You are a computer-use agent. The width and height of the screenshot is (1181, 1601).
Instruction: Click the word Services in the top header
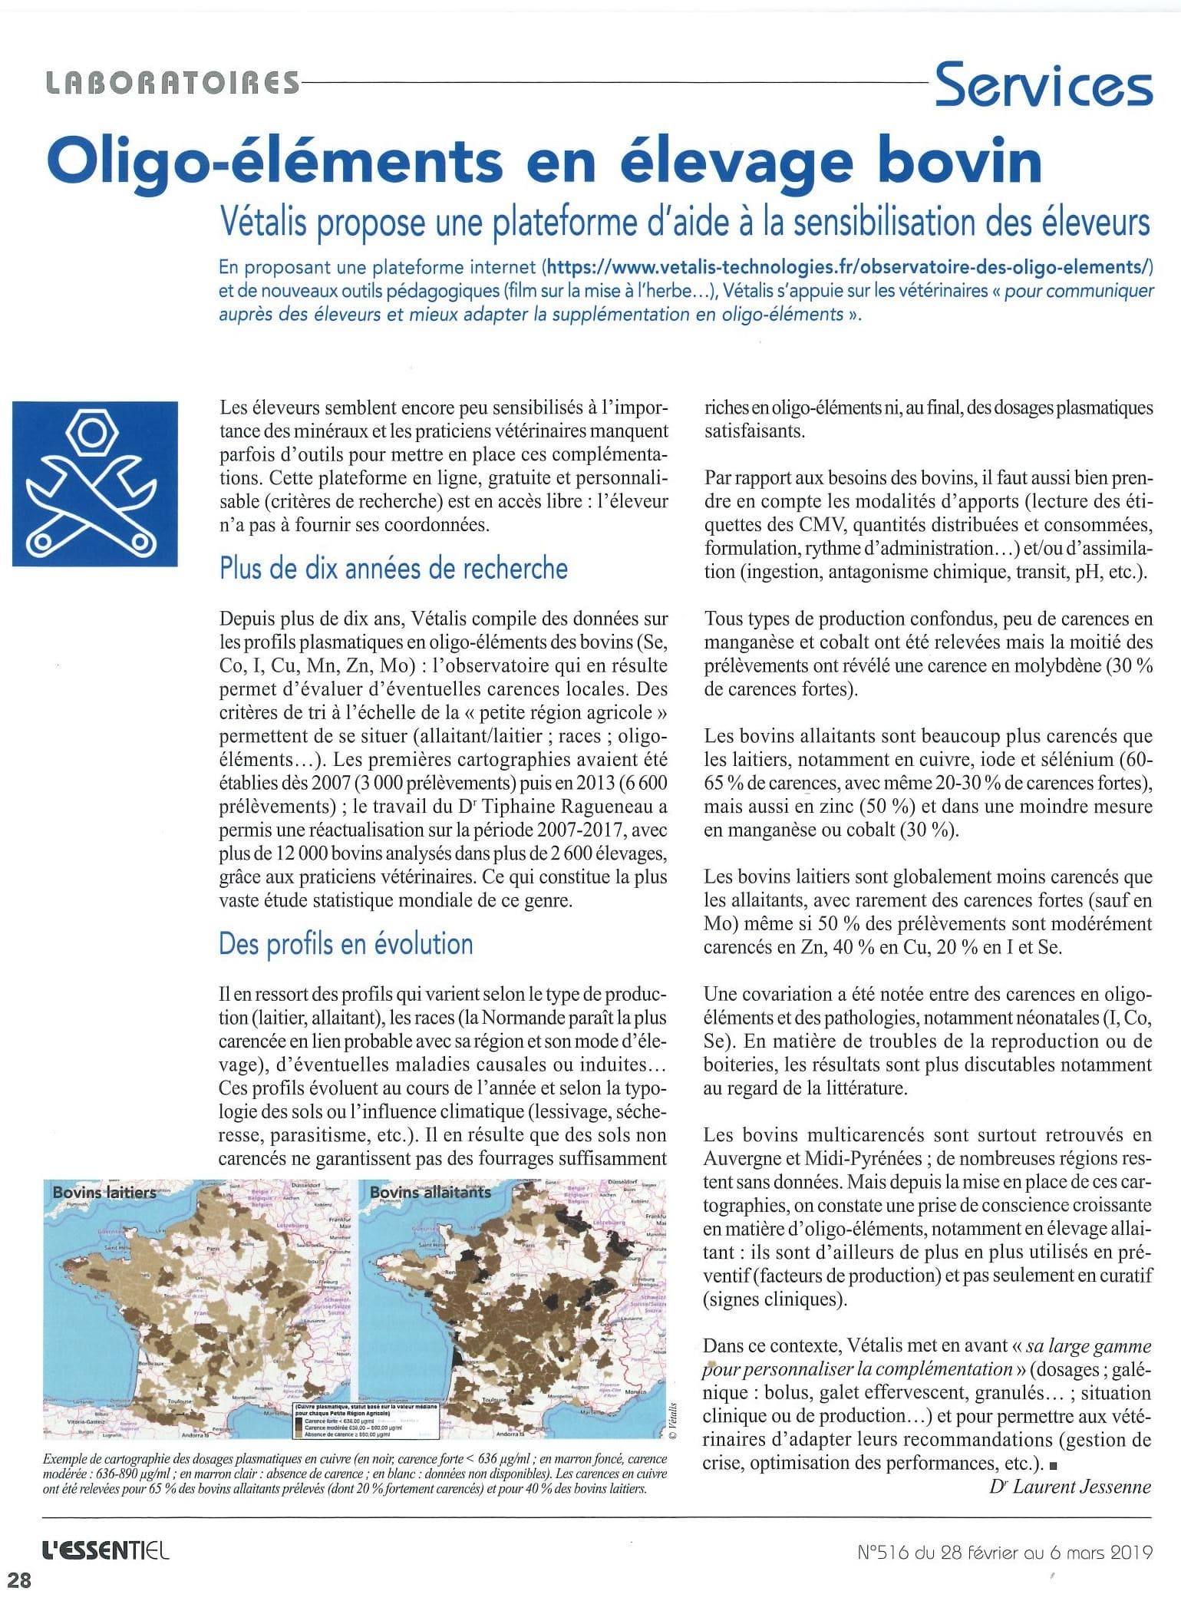point(1043,84)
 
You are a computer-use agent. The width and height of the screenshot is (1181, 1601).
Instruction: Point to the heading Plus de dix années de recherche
point(393,569)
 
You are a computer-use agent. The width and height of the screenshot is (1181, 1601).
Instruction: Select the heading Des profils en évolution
point(345,943)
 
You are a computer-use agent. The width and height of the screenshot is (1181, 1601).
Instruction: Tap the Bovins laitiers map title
point(104,1192)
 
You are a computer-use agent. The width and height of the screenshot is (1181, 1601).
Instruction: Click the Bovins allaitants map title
point(429,1192)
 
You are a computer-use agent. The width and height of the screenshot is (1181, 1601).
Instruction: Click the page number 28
point(20,1580)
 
